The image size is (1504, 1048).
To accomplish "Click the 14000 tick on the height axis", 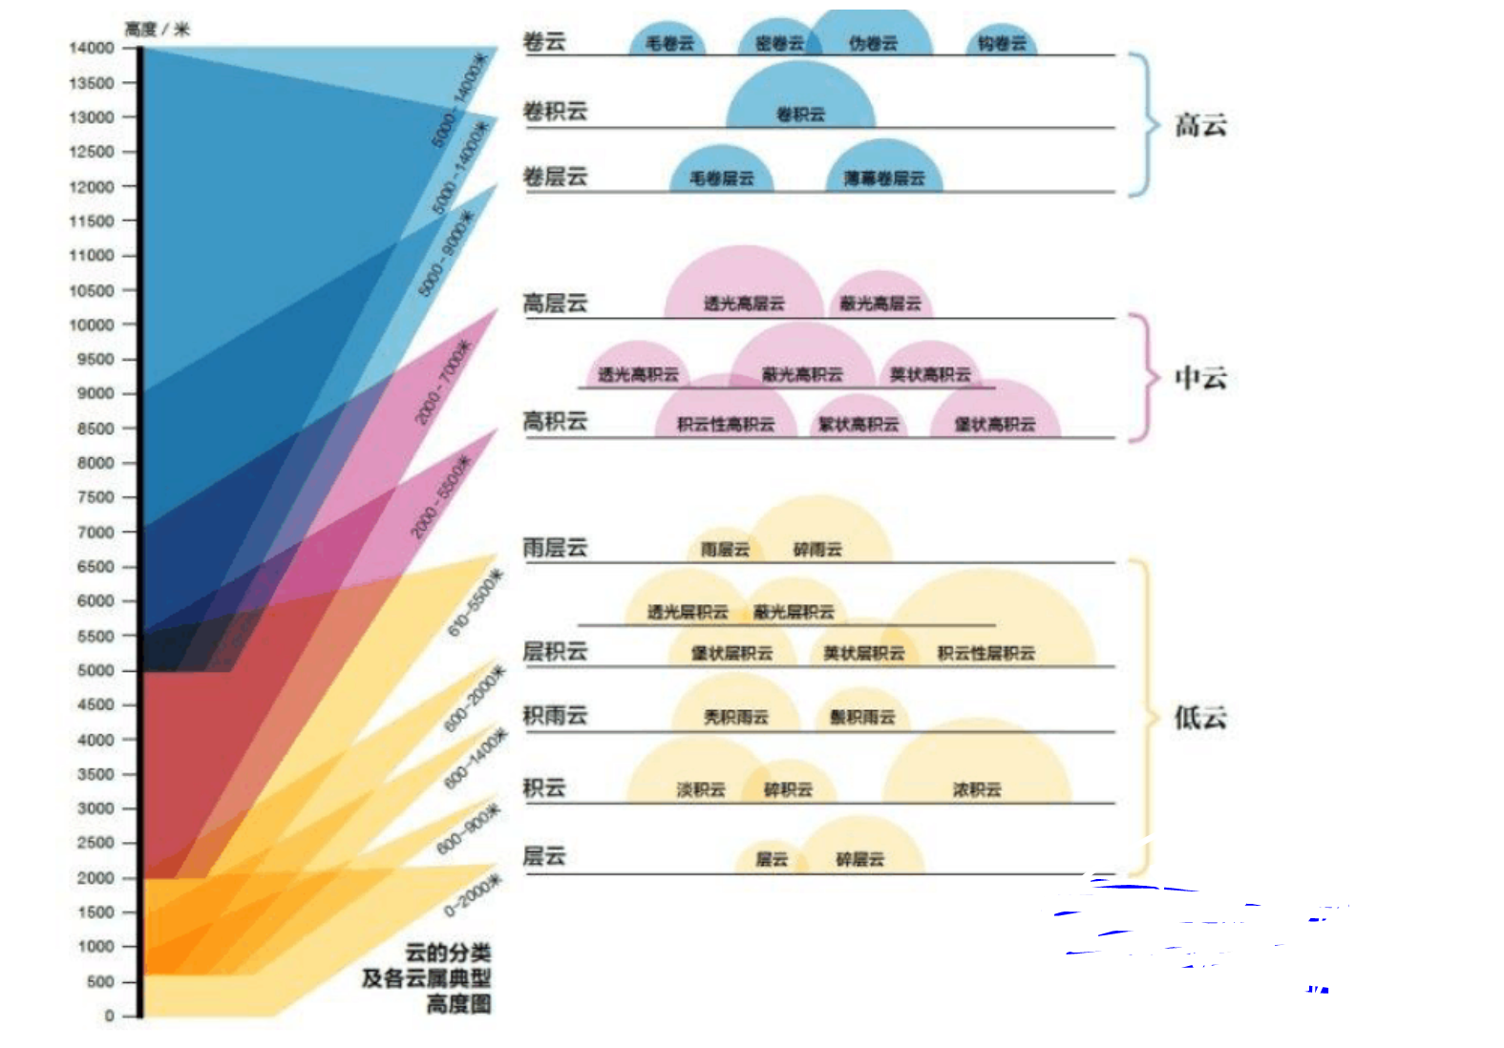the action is pyautogui.click(x=92, y=48).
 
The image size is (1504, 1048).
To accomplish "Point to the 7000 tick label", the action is pyautogui.click(x=95, y=532).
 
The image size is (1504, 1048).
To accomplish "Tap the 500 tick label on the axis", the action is pyautogui.click(x=100, y=981).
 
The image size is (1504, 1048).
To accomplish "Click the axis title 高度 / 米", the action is pyautogui.click(x=158, y=29).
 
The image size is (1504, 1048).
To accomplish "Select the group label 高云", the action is pyautogui.click(x=1200, y=125).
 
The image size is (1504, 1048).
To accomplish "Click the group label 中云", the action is pyautogui.click(x=1200, y=378).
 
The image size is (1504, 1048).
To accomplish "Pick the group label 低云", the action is pyautogui.click(x=1200, y=718).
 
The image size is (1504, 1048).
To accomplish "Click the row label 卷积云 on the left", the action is pyautogui.click(x=555, y=112).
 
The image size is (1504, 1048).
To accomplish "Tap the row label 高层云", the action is pyautogui.click(x=555, y=304).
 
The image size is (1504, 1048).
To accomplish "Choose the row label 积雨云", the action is pyautogui.click(x=555, y=715).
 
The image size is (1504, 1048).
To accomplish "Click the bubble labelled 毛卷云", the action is pyautogui.click(x=669, y=43).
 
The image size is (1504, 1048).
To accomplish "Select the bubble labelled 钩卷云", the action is pyautogui.click(x=1002, y=43).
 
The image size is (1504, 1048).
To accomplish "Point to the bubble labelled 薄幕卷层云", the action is pyautogui.click(x=884, y=178).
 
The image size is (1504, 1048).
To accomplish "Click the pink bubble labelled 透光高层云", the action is pyautogui.click(x=744, y=303).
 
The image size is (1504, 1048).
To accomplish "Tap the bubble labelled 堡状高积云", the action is pyautogui.click(x=995, y=424).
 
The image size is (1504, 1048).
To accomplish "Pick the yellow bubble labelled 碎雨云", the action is pyautogui.click(x=818, y=548).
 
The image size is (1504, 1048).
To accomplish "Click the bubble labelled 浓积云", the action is pyautogui.click(x=977, y=788).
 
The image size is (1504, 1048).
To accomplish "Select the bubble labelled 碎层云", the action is pyautogui.click(x=860, y=858).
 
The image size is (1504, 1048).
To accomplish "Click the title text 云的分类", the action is pyautogui.click(x=448, y=953).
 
